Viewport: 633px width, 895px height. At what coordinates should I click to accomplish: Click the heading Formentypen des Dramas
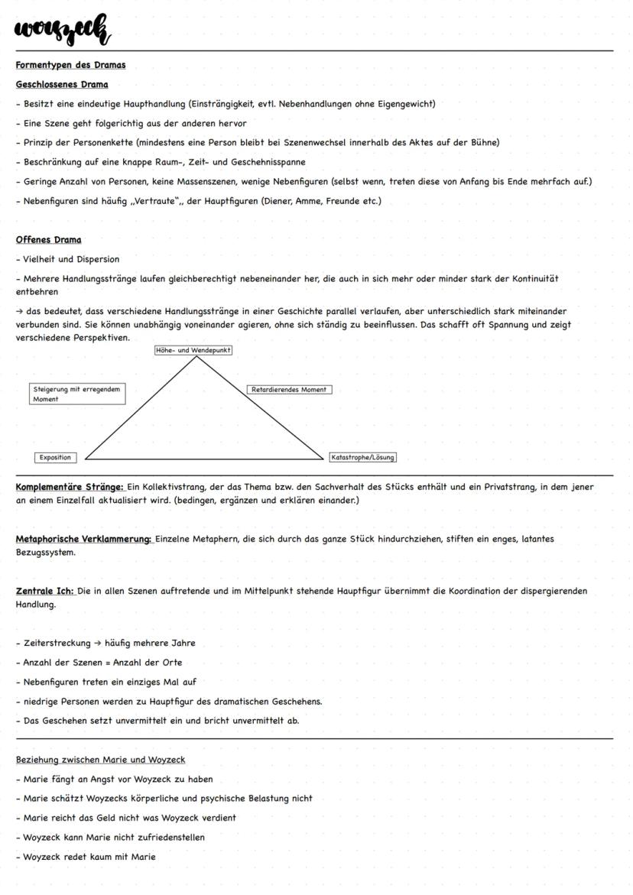70,64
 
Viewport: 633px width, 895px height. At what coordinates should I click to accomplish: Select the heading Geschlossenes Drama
62,84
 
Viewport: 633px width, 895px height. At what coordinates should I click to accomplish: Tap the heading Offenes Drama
48,239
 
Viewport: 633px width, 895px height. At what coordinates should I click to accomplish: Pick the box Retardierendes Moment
289,390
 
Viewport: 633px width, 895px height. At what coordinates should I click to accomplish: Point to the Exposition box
56,458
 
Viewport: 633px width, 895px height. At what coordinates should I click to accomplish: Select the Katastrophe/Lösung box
362,458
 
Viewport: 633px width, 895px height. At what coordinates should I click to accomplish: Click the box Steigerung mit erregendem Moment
76,394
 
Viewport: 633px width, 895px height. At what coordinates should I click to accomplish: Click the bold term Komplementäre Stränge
70,487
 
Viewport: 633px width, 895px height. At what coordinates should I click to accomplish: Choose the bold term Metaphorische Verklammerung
84,539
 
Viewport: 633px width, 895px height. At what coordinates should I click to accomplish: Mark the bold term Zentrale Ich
45,591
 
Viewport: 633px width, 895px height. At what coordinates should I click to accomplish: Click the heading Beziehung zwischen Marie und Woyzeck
100,760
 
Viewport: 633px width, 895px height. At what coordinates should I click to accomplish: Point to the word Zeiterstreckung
57,643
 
